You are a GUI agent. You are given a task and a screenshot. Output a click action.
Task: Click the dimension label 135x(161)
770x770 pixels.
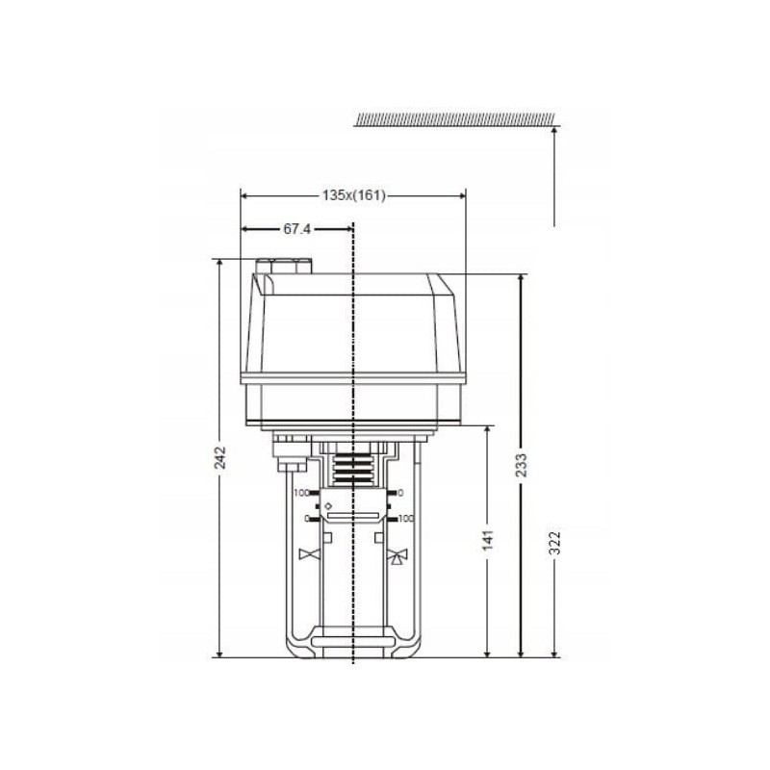pos(353,195)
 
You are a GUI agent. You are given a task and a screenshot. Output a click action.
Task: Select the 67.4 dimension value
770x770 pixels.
pos(297,229)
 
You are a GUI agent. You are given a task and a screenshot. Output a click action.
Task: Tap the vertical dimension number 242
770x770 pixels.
pos(221,457)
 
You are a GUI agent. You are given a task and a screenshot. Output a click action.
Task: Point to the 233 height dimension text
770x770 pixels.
pos(522,465)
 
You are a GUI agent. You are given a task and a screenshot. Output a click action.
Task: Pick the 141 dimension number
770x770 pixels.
pos(488,540)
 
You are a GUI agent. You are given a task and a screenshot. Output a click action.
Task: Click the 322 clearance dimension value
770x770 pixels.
pos(555,542)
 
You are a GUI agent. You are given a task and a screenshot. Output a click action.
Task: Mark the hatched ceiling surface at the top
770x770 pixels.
pos(454,119)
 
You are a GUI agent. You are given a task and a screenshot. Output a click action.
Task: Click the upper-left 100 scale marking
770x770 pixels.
pos(300,493)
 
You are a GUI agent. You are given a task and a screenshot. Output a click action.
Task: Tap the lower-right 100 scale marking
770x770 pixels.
pos(406,518)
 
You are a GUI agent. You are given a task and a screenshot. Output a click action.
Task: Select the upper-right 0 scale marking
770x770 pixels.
pos(400,493)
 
